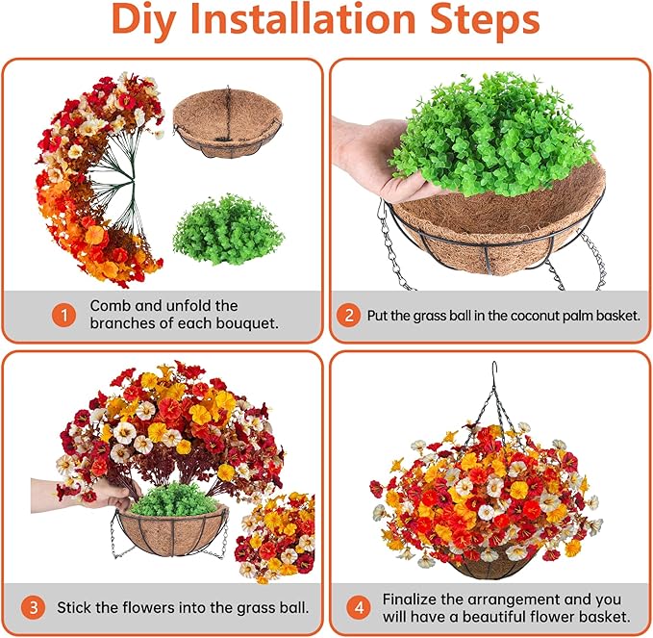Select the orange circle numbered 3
36,607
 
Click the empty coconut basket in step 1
227,123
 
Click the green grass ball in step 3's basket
170,499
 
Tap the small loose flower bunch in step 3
276,534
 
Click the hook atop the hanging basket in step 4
493,370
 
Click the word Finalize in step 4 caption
414,598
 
